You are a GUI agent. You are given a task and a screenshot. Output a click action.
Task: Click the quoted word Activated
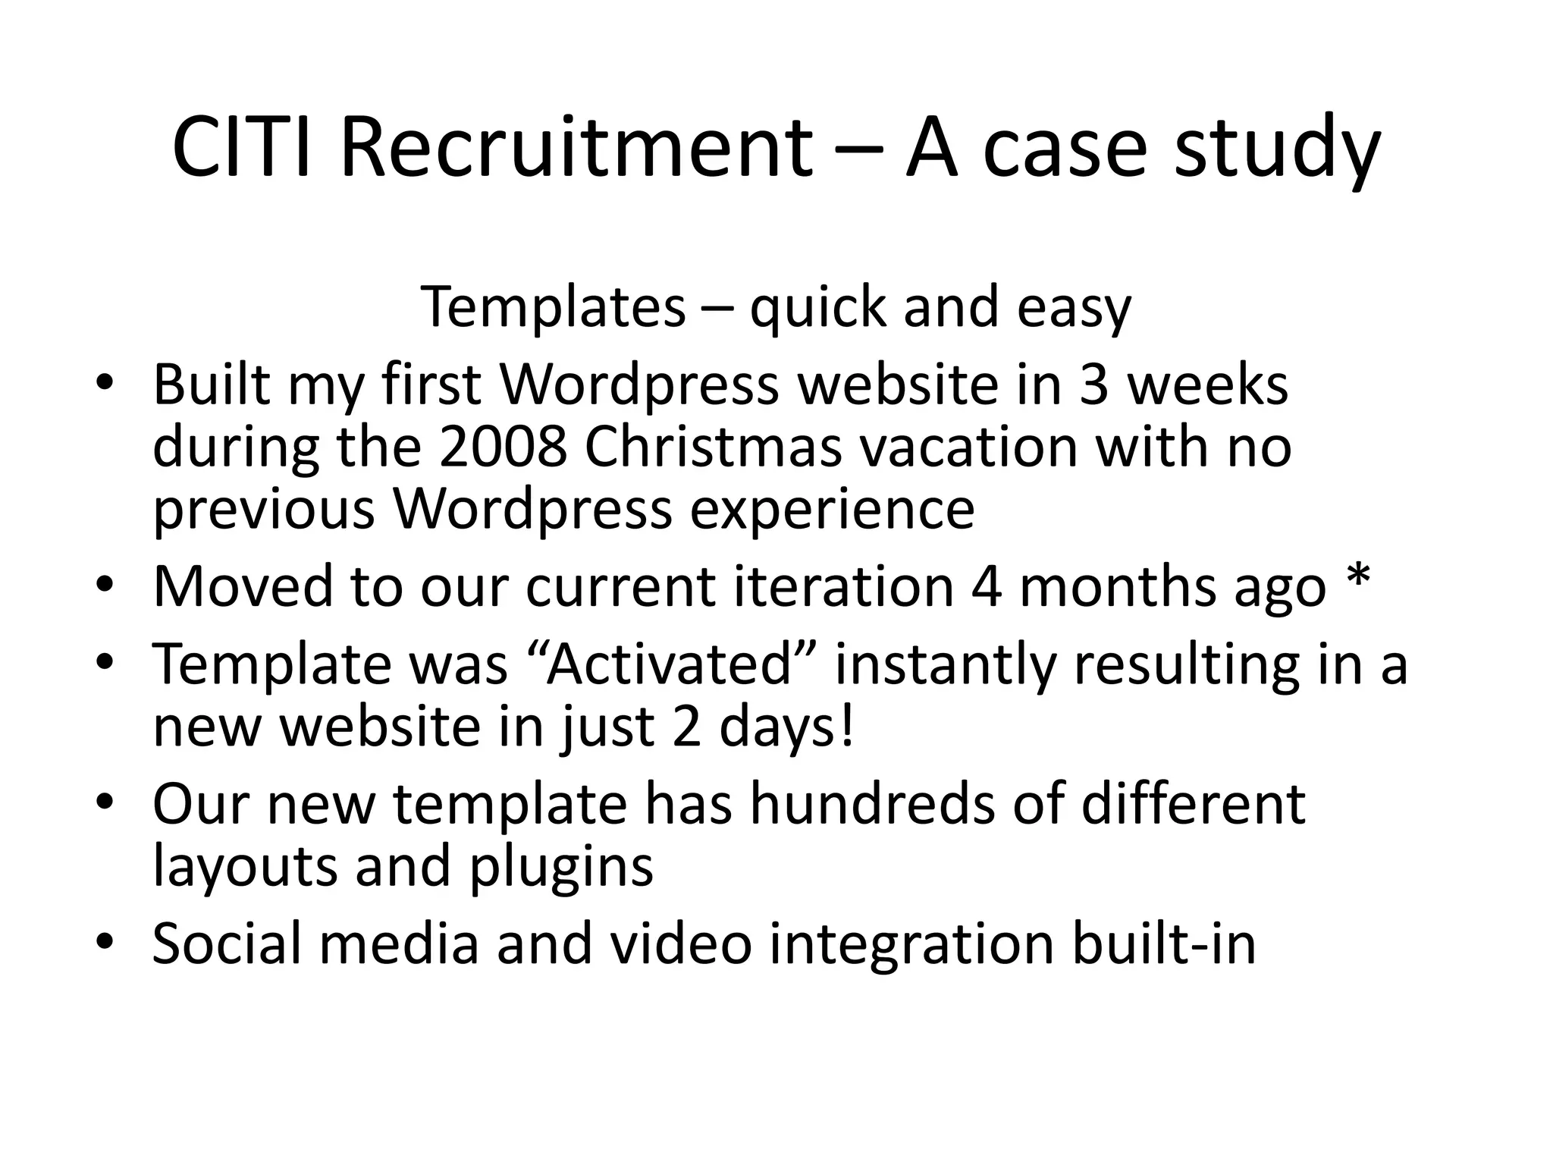(670, 664)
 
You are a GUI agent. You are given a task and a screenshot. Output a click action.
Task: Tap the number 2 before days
(687, 727)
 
